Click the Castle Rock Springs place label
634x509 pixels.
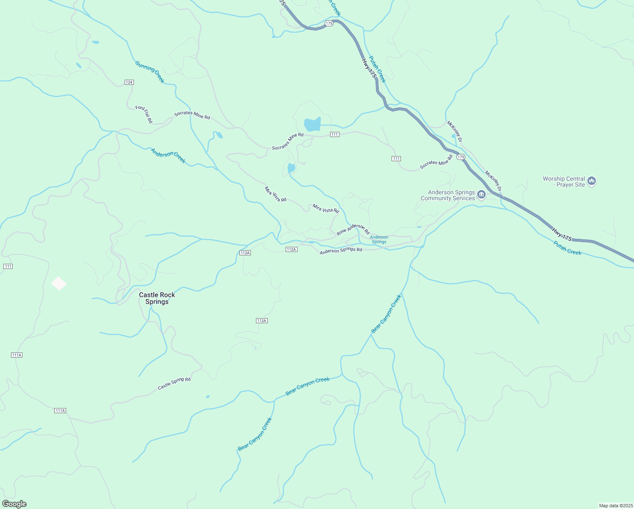(x=157, y=298)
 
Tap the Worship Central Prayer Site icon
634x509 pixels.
(x=592, y=182)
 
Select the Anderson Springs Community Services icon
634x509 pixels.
(x=481, y=195)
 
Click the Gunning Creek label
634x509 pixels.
(x=150, y=72)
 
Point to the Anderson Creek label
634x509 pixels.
(x=168, y=156)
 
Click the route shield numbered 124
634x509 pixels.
(x=129, y=82)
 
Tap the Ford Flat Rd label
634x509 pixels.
(x=144, y=114)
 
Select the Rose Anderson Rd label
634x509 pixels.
(x=353, y=229)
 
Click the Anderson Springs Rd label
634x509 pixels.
(x=341, y=251)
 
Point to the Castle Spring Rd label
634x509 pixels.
(x=174, y=383)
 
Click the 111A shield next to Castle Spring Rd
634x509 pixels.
(x=60, y=411)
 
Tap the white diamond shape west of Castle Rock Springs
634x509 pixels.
(x=59, y=283)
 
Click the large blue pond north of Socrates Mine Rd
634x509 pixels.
(x=312, y=125)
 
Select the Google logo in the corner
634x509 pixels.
(x=14, y=504)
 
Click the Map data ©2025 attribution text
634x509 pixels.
(x=615, y=506)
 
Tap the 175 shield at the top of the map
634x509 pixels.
(x=329, y=23)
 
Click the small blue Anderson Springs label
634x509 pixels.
(x=379, y=240)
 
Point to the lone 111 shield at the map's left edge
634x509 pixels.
(x=8, y=266)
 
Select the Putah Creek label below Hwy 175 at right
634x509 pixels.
(x=567, y=248)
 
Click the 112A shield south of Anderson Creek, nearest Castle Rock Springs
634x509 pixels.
(x=245, y=253)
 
